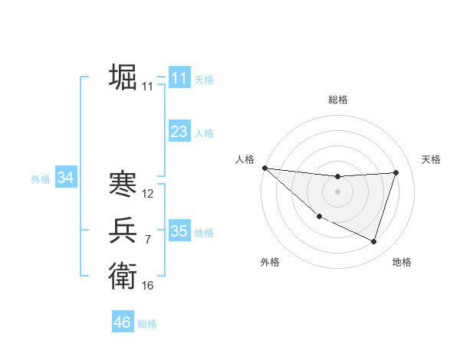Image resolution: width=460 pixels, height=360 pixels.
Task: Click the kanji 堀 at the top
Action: (x=123, y=78)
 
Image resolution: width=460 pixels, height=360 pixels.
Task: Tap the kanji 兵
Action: (x=123, y=231)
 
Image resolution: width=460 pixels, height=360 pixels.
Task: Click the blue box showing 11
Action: (x=179, y=78)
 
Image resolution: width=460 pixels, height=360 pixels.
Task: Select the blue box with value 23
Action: (x=179, y=132)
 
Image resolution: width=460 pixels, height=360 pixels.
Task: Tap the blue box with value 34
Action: (x=65, y=178)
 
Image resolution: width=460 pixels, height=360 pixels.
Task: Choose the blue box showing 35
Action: (x=179, y=231)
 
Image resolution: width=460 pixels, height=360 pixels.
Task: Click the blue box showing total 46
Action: (x=122, y=322)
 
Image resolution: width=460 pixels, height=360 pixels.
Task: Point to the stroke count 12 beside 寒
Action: (x=148, y=194)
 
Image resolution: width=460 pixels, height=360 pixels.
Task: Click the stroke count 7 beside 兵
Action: (x=148, y=240)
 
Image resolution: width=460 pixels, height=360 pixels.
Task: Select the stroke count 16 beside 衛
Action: (x=148, y=286)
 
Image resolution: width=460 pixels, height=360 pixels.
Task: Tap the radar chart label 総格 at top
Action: (x=337, y=100)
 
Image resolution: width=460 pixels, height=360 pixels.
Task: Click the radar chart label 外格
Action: (x=270, y=262)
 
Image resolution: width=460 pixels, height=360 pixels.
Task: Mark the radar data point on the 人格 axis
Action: (x=264, y=167)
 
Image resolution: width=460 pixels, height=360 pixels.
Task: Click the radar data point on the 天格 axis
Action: (x=396, y=172)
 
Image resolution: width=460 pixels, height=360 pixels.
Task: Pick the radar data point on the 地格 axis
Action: (x=373, y=241)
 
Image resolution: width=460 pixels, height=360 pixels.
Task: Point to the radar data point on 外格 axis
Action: (x=319, y=216)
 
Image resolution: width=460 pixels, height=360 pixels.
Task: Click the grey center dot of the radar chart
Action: (x=337, y=191)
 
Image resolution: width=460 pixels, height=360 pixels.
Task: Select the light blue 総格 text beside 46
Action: (x=147, y=324)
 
